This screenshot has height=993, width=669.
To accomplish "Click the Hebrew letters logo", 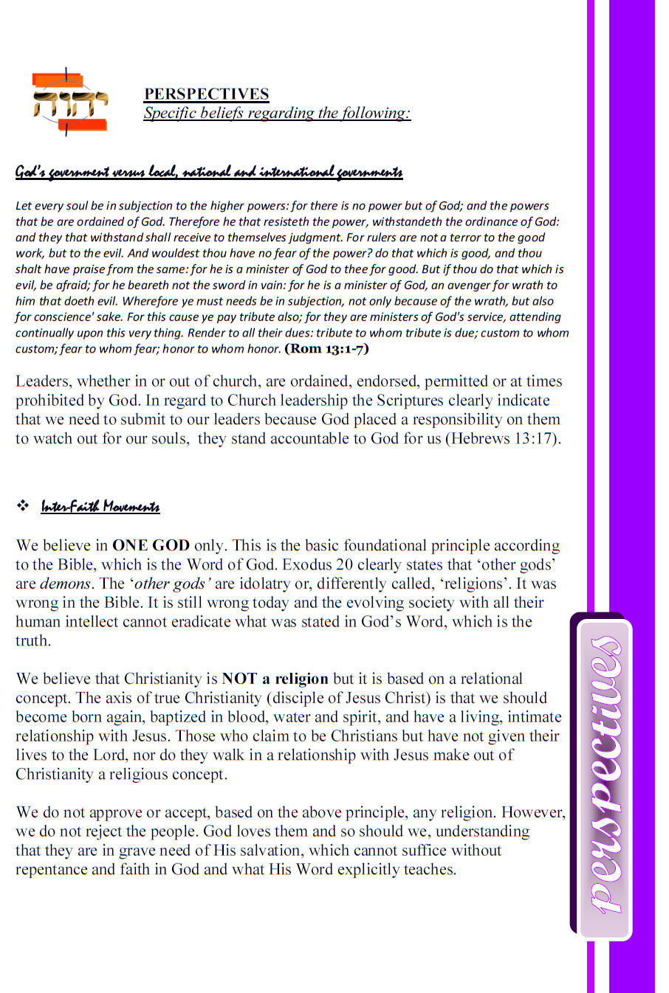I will point(69,103).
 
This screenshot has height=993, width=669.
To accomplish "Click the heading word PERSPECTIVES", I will point(206,94).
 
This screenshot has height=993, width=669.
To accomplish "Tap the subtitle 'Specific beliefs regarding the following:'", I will point(277,113).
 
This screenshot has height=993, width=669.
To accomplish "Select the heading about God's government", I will point(209,172).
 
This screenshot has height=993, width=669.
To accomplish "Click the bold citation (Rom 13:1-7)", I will point(326,348).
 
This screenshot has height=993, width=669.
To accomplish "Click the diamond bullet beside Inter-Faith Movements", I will point(23,506).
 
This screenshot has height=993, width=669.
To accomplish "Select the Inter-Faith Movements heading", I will point(100,506).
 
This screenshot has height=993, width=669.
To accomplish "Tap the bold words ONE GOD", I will point(151,545).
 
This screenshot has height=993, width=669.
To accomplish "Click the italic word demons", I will point(65,584).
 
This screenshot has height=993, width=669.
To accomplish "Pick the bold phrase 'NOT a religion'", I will point(275,679).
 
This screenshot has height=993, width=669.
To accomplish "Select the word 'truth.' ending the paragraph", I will point(33,641).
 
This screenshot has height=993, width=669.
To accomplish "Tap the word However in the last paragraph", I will point(532,812).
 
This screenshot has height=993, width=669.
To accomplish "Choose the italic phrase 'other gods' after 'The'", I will point(171,584).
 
